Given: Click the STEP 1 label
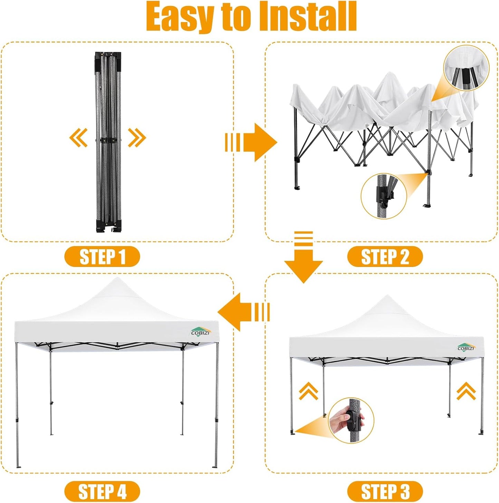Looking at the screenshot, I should point(102,257).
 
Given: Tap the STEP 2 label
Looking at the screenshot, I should point(385,257).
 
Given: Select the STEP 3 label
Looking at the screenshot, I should point(385,491).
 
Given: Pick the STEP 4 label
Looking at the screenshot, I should point(102,491).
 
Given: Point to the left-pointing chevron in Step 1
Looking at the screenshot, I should point(78,137).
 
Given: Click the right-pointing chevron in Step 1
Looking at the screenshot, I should point(137,137).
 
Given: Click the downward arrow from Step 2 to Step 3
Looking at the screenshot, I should point(303,257).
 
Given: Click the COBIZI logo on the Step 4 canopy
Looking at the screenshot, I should point(200,331).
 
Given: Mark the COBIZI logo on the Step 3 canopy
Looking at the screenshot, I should point(466,347).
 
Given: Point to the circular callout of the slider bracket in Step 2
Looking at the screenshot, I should point(384,196).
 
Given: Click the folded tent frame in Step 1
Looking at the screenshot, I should point(108,142).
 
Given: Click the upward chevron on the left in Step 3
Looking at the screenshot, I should point(308,391).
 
